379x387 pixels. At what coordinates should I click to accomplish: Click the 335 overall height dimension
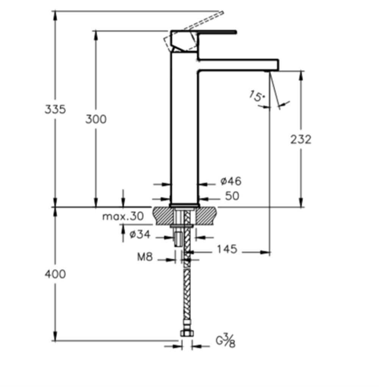pos(55,109)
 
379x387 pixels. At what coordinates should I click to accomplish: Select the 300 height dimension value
pos(96,119)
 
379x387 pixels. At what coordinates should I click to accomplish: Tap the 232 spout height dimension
pos(301,139)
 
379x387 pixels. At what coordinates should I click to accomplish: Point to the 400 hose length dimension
pos(55,274)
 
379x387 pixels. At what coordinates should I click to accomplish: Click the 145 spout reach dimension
pos(227,249)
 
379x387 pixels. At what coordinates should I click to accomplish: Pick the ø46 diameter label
pos(231,181)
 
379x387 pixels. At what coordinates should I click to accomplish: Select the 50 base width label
pos(232,196)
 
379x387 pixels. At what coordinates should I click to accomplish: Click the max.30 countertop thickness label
pos(123,216)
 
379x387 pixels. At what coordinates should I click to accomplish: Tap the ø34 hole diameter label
pos(139,234)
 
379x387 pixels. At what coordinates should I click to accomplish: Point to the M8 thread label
pos(145,257)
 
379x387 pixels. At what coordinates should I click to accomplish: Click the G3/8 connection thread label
pos(226,340)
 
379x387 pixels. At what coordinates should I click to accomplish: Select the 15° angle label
pos(257,96)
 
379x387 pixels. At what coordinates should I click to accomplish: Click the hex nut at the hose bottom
pos(187,334)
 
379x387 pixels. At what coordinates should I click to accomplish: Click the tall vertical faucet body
pos(184,128)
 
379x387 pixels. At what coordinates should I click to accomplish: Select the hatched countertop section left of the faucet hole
pos(164,216)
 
